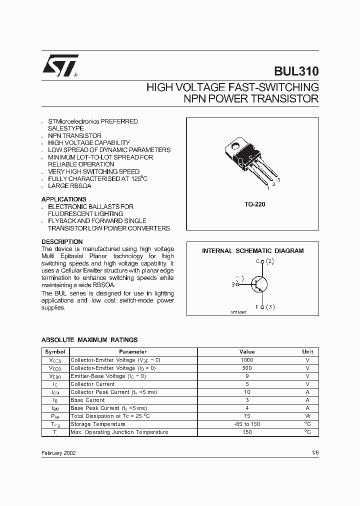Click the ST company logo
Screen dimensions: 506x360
click(x=59, y=66)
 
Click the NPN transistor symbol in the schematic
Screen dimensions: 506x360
click(x=258, y=284)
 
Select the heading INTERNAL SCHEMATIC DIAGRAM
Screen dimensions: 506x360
click(x=252, y=251)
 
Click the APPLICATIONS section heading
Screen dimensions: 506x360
click(x=63, y=199)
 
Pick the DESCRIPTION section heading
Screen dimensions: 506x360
click(x=62, y=241)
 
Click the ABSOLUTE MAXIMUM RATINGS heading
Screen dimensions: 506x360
click(x=89, y=340)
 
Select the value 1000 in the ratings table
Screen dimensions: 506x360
click(x=247, y=360)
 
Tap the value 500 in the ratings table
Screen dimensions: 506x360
click(x=247, y=368)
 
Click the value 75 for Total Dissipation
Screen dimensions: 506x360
click(x=247, y=416)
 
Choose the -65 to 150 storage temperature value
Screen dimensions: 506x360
click(x=247, y=424)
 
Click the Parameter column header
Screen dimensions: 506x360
click(x=133, y=352)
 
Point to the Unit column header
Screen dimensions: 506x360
click(x=307, y=352)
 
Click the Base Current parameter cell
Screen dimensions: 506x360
click(x=88, y=400)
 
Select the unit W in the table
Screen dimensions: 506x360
click(x=307, y=416)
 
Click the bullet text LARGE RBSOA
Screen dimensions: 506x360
click(x=69, y=186)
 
